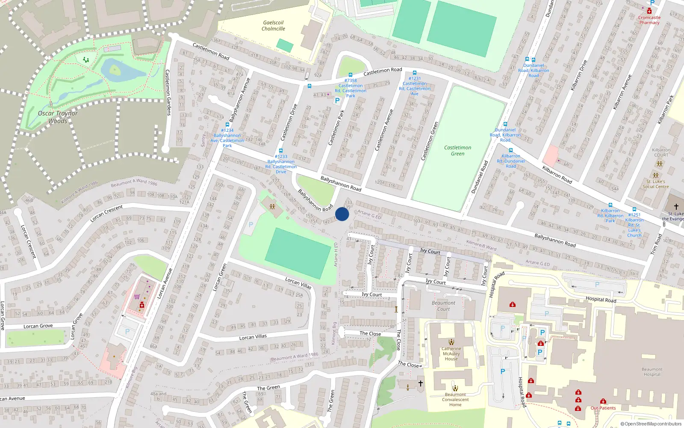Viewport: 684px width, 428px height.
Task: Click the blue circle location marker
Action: coord(342,214)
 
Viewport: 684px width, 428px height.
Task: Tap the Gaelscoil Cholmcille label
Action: coord(273,26)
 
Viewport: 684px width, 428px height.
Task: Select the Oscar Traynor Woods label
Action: coord(58,117)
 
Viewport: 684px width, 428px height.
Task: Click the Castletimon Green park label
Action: coord(457,151)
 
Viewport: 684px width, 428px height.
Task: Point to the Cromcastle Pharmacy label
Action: coord(649,20)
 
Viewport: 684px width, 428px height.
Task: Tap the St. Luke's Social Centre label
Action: coord(655,184)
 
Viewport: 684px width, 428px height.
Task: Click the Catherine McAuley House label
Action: coord(451,354)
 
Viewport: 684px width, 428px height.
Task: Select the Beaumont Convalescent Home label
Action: coord(455,400)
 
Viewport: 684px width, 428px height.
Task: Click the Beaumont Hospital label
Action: coord(652,372)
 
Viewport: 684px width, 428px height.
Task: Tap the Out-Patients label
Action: coord(603,408)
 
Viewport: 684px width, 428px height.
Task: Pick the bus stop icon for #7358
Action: coord(351,75)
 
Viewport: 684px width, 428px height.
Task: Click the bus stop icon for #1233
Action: coord(281,151)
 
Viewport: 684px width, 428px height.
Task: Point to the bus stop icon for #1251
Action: coord(634,209)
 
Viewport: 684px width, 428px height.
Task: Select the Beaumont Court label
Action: coord(443,306)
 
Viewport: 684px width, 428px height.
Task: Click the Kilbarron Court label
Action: coord(661,152)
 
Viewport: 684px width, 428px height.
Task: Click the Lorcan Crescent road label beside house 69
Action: coord(106,213)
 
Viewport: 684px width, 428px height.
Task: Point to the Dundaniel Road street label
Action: coord(479,177)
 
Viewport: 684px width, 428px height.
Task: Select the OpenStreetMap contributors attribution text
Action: coord(651,424)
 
